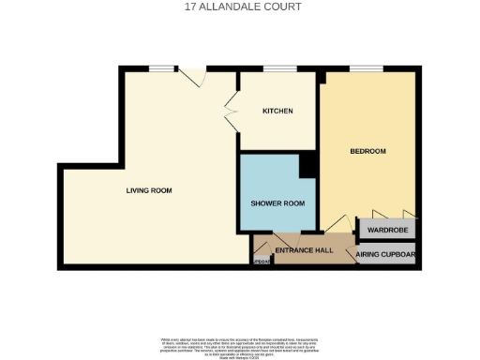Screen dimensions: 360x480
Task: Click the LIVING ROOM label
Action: click(149, 190)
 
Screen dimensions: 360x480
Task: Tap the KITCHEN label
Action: click(277, 111)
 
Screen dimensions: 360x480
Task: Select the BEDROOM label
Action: click(368, 151)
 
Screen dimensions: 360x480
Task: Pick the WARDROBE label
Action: click(386, 229)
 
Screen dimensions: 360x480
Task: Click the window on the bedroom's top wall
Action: click(363, 68)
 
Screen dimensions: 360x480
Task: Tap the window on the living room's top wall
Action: click(163, 68)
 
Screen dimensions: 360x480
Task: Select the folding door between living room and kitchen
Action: click(232, 112)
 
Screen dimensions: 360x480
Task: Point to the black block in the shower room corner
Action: click(307, 164)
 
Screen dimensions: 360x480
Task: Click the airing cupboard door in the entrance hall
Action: click(351, 247)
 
